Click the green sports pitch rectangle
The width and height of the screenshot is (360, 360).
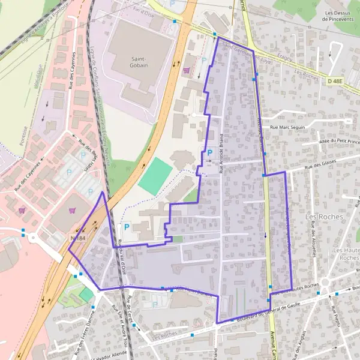[156, 175]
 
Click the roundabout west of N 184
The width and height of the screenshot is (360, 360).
[32, 237]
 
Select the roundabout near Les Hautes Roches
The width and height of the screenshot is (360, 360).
[326, 283]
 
